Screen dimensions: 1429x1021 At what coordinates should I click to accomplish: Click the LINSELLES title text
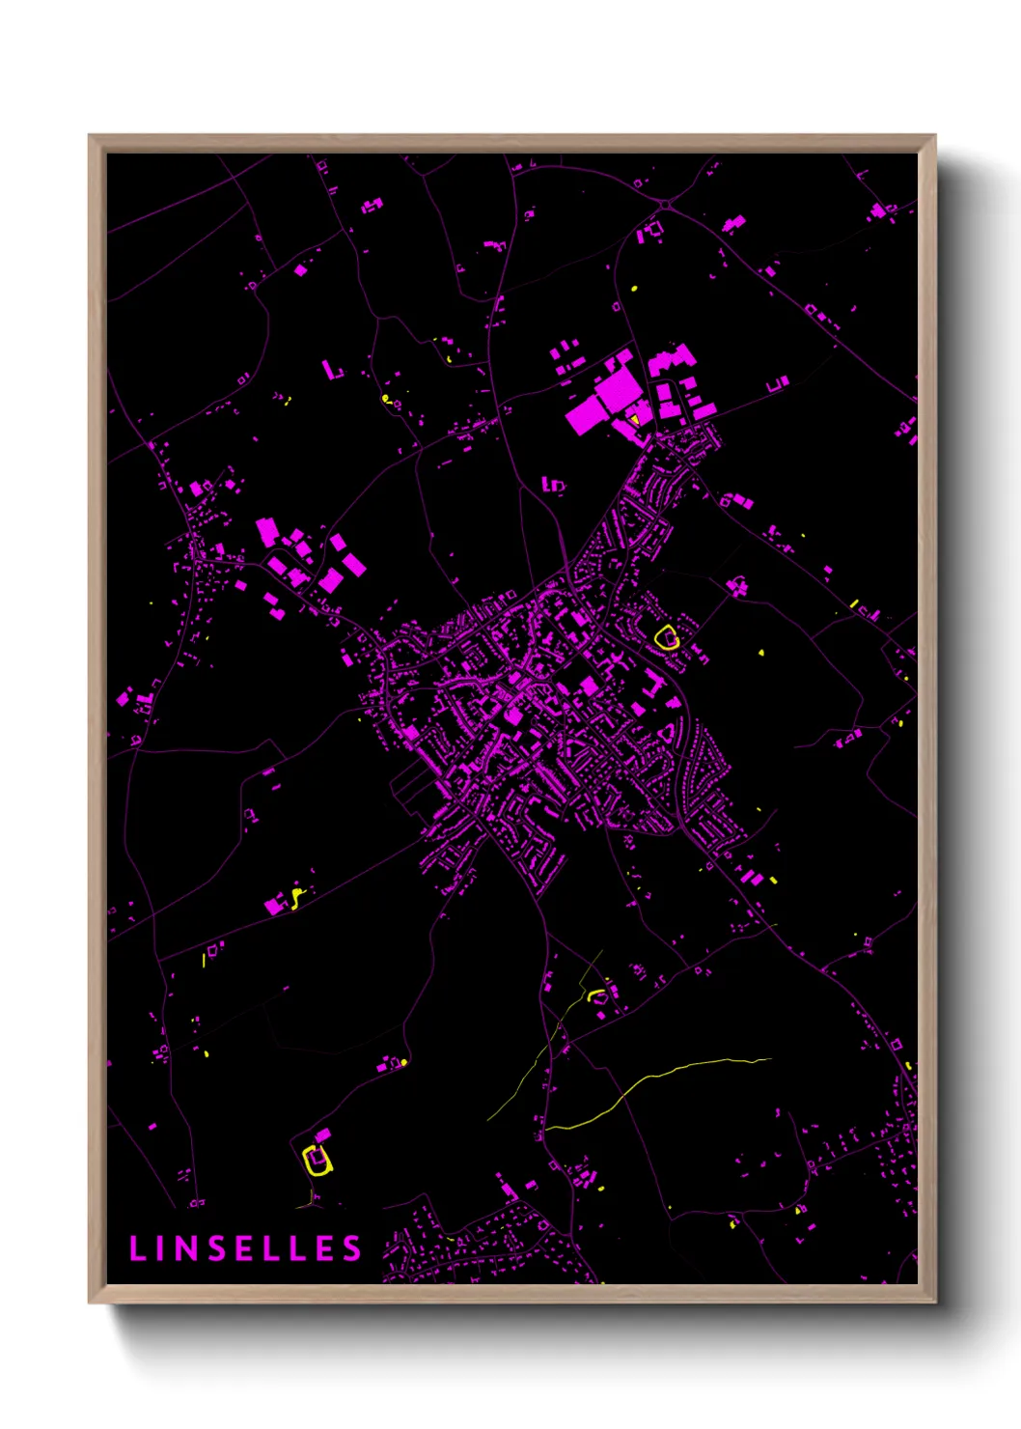[245, 1248]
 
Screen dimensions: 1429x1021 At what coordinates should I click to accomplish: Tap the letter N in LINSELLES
[188, 1248]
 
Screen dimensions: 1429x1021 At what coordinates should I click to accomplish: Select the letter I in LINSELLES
[161, 1248]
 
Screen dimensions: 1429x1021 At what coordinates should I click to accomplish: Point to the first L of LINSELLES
[137, 1248]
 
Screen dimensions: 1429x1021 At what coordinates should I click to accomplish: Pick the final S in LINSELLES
[353, 1248]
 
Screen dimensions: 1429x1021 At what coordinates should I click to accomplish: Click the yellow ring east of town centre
[666, 637]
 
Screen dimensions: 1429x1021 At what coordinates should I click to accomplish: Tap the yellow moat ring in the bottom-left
[316, 1159]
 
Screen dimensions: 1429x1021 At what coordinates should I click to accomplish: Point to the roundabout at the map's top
[666, 204]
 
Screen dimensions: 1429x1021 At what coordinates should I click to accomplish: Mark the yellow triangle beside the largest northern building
[636, 419]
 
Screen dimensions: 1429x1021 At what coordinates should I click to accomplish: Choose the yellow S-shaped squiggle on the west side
[296, 898]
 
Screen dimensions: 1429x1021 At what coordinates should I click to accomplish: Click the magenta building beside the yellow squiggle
[275, 906]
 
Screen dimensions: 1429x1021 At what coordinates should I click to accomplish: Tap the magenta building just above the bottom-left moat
[323, 1135]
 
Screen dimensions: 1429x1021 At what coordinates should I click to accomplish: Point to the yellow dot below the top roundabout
[634, 288]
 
